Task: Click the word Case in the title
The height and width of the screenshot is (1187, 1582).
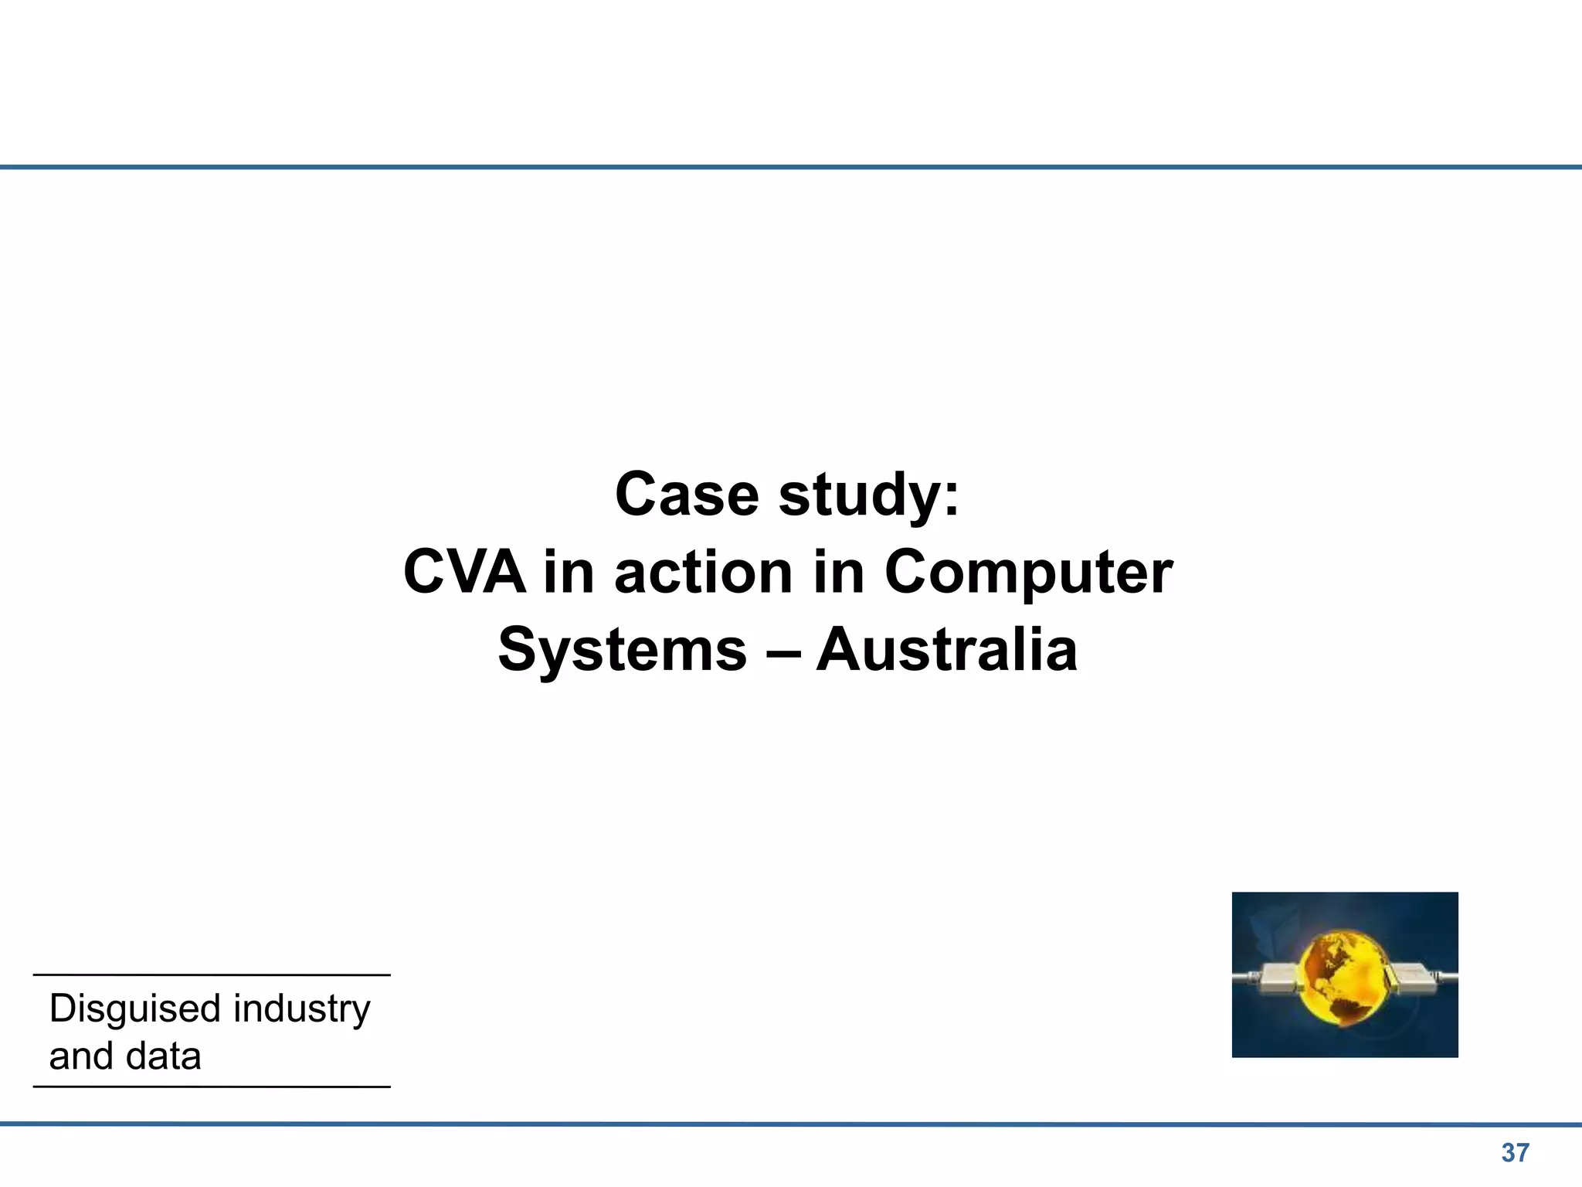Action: tap(687, 495)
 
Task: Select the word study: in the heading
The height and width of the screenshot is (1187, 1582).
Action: tap(869, 496)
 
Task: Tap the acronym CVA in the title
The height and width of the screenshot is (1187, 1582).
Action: tap(464, 573)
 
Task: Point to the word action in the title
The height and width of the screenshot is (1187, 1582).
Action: tap(703, 573)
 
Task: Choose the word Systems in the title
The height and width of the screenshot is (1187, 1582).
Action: tap(623, 651)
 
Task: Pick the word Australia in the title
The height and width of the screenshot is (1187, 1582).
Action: tap(946, 650)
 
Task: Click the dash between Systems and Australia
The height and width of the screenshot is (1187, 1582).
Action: tap(782, 651)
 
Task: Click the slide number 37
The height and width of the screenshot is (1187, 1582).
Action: tap(1515, 1153)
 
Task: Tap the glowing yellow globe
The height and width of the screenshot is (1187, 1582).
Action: tap(1343, 979)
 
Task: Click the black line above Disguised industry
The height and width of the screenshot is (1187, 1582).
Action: tap(212, 975)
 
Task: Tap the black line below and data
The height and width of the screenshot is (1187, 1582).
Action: tap(212, 1087)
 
